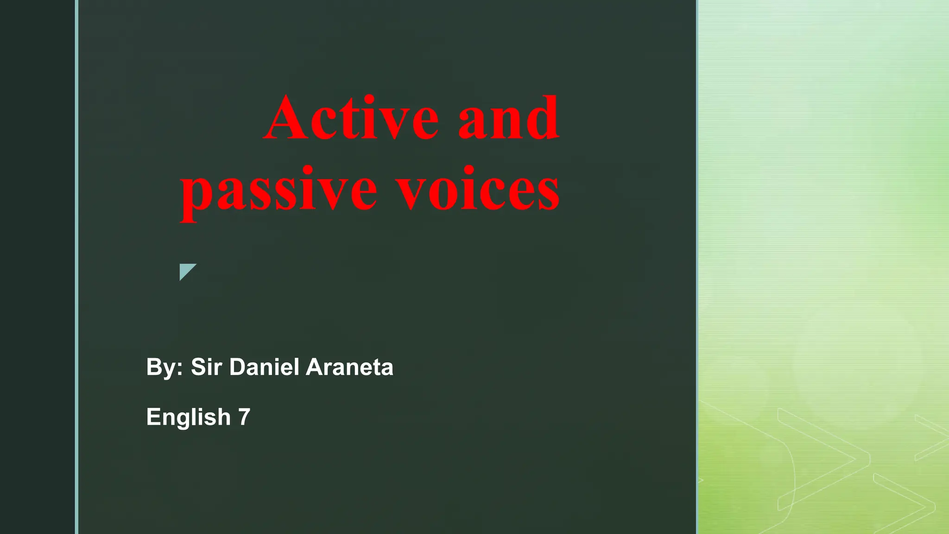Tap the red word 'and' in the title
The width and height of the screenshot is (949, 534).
tap(508, 118)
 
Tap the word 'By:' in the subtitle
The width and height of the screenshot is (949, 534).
tap(164, 367)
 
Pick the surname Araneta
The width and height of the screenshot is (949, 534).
tap(349, 367)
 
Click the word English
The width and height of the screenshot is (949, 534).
tap(189, 417)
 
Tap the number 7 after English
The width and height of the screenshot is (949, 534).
tap(244, 417)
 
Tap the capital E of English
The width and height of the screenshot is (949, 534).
tap(153, 417)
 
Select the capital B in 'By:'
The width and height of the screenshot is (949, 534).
tap(154, 367)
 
